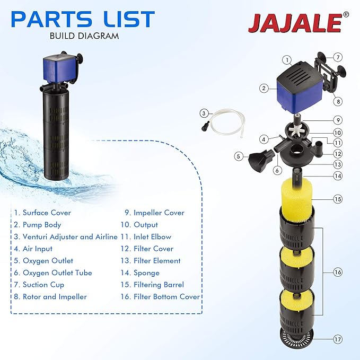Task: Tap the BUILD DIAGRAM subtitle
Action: [x=84, y=37]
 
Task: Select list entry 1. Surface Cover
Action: [x=42, y=213]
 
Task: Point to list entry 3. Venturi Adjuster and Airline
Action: [x=66, y=237]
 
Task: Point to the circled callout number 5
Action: [x=239, y=156]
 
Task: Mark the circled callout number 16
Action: [x=338, y=272]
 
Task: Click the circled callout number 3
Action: [x=205, y=112]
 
